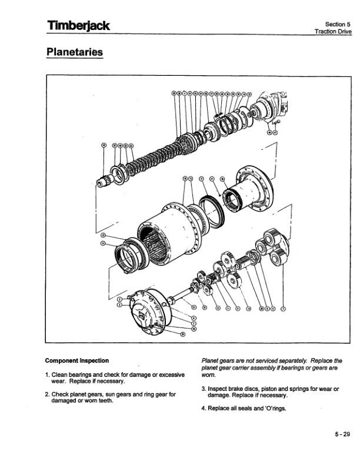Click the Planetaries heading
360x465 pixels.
point(74,52)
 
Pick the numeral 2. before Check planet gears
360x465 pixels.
point(47,394)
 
